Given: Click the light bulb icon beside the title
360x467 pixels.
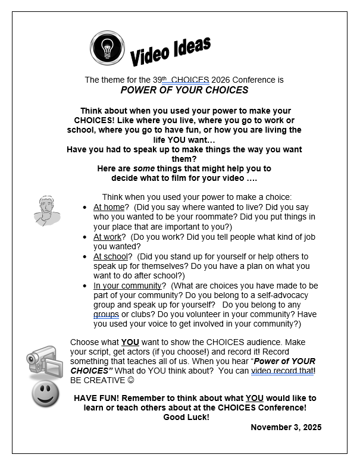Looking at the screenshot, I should coord(107,47).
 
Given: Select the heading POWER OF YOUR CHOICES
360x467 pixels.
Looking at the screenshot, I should coord(184,90).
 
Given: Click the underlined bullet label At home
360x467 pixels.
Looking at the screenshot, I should coord(108,208).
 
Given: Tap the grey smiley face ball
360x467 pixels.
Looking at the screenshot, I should coord(45,394).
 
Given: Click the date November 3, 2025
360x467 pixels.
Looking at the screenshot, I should coord(286,428).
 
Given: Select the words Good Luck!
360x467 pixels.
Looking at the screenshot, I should coord(186,418).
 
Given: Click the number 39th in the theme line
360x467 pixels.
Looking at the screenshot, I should coord(156,79).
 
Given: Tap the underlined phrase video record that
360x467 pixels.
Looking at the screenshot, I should coord(282,371).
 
